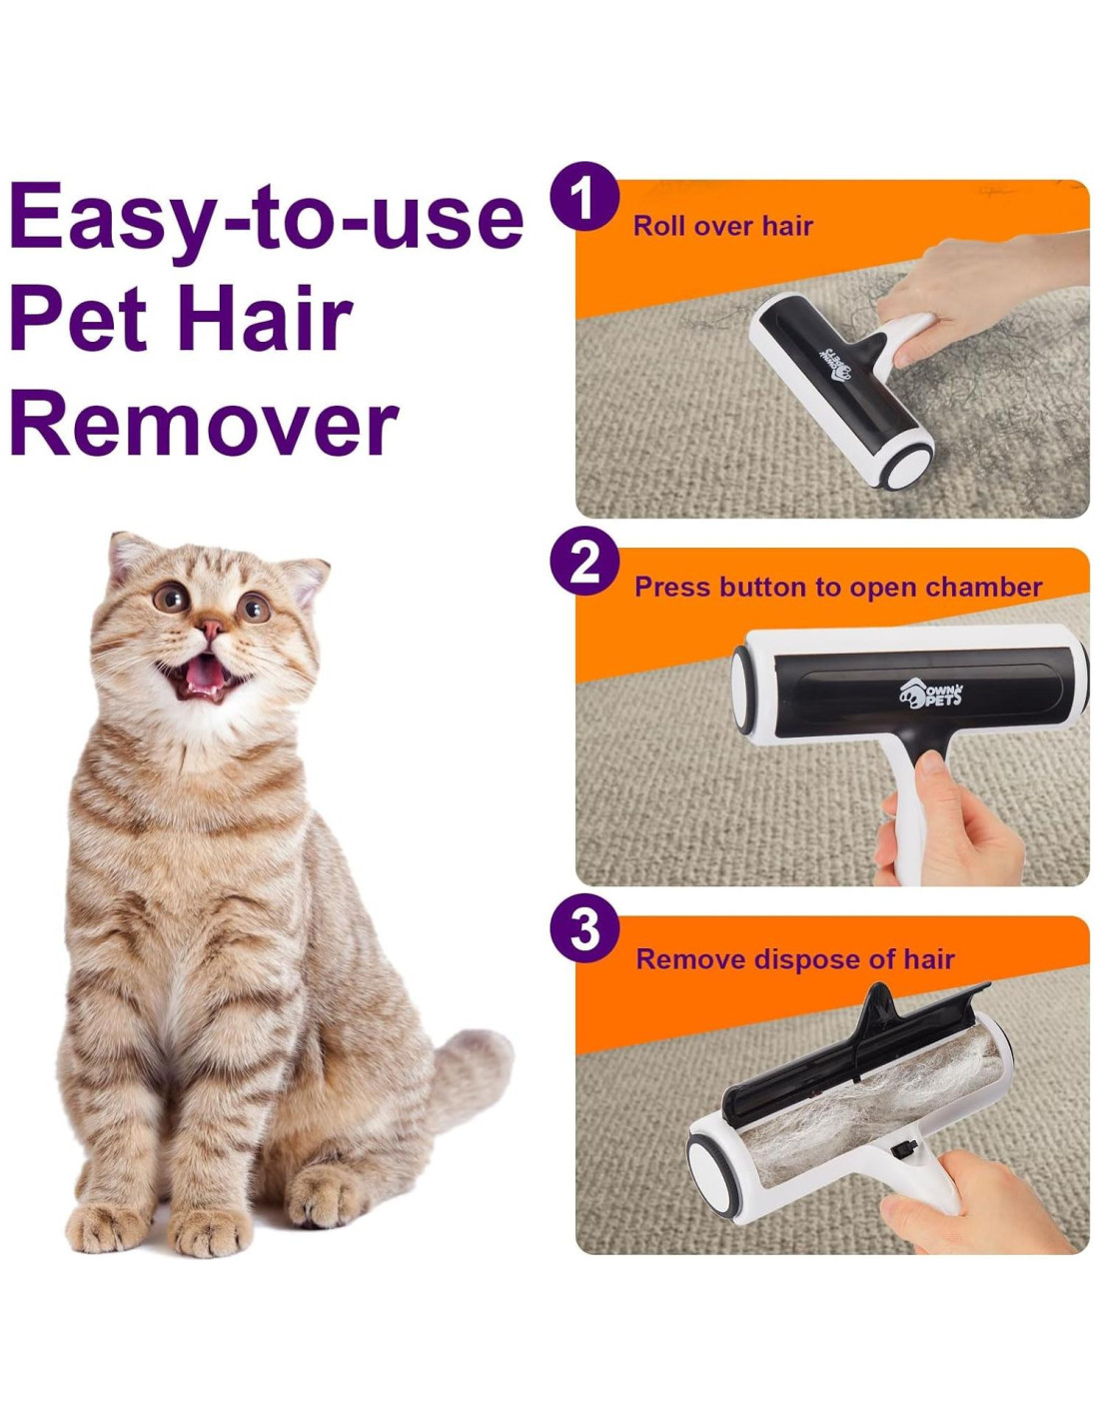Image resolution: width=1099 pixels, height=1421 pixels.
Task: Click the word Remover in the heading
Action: click(204, 423)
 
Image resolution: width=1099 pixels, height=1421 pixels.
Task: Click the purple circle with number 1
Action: click(584, 196)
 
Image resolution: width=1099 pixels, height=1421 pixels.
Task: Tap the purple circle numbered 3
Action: click(584, 931)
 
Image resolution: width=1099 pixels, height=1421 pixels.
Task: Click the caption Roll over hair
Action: click(722, 226)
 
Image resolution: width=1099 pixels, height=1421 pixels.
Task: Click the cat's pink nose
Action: click(211, 630)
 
